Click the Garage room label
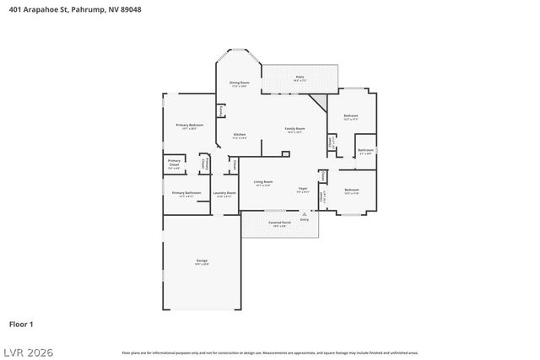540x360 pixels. pos(202,262)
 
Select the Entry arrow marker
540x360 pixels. pos(304,215)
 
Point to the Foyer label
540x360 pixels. pos(302,190)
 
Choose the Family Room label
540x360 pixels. pos(295,130)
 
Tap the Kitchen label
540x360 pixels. pos(240,135)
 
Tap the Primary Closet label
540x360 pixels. pos(174,163)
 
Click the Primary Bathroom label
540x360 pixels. pos(186,194)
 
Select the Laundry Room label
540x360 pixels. pos(224,194)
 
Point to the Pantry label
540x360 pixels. pos(221,110)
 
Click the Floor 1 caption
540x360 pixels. pos(21,324)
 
